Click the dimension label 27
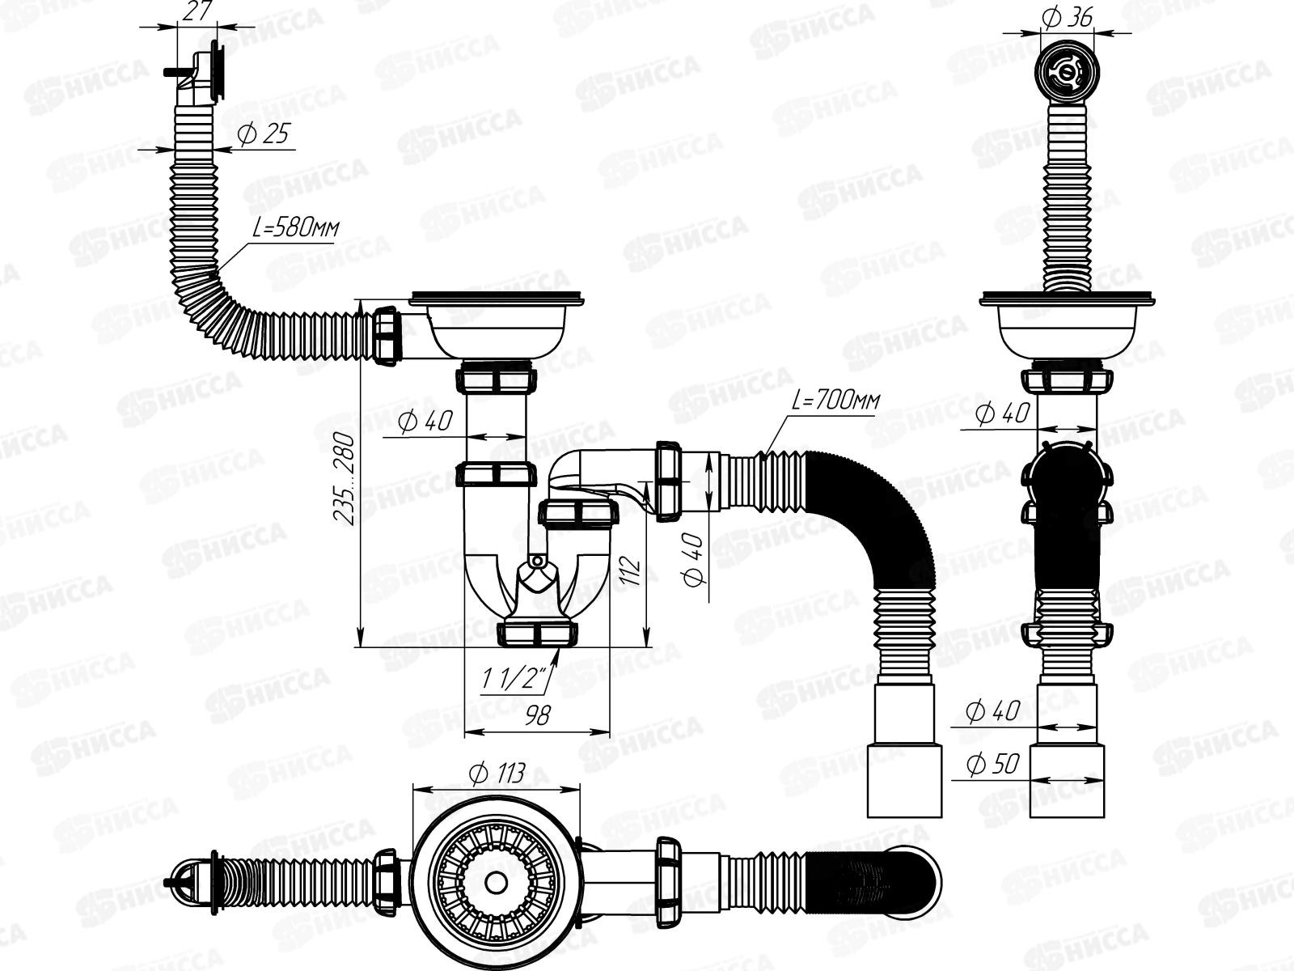pyautogui.click(x=197, y=11)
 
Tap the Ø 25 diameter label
pyautogui.click(x=263, y=135)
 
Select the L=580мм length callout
pyautogui.click(x=295, y=228)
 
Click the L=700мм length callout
pyautogui.click(x=835, y=401)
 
